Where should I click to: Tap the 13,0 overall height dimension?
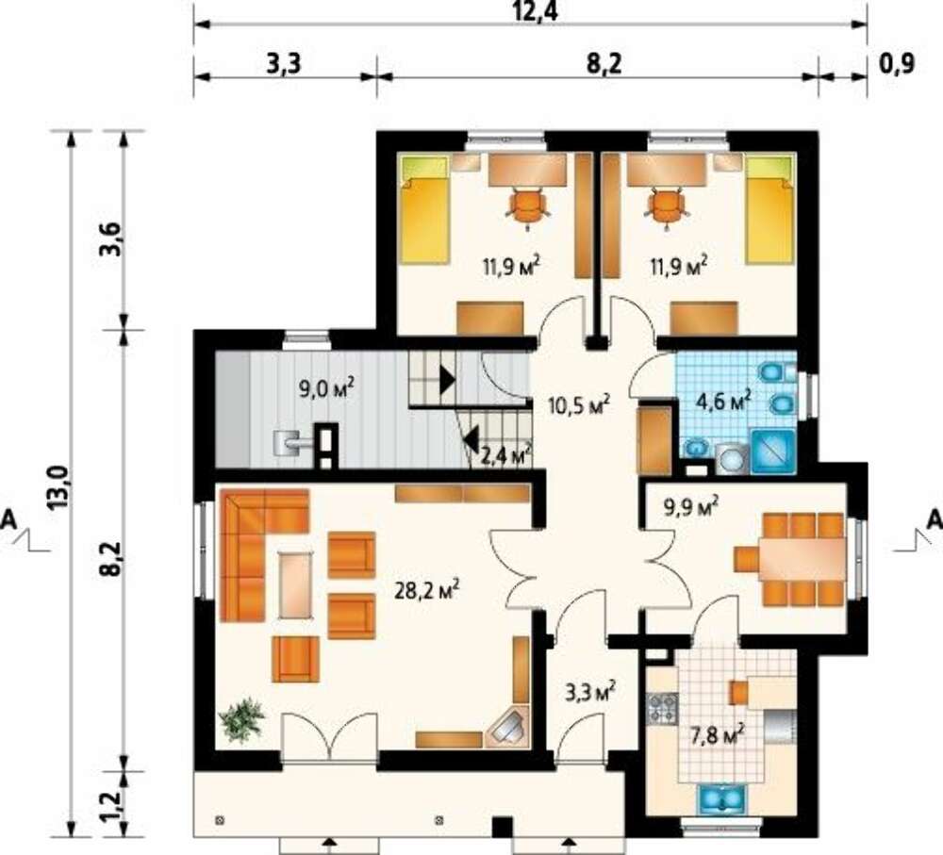(x=59, y=487)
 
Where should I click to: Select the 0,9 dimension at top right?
(x=898, y=62)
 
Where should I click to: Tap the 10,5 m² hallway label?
(x=579, y=404)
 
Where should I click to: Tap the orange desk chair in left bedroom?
(x=528, y=207)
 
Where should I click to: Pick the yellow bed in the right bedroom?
(x=769, y=209)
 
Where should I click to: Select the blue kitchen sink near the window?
(x=720, y=797)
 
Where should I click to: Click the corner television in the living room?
(x=509, y=728)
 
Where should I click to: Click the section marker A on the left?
(x=9, y=519)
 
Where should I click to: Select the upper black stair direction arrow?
(x=447, y=380)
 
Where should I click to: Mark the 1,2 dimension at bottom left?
(x=112, y=804)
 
